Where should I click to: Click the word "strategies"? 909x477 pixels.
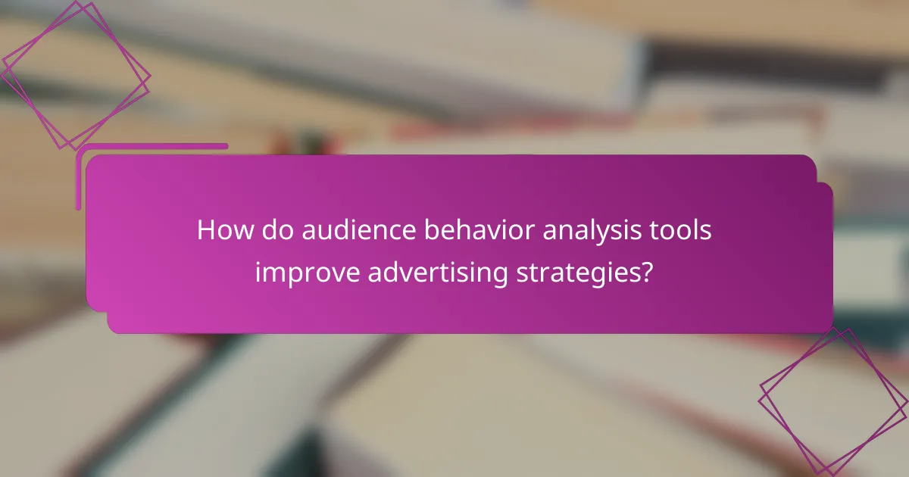point(579,273)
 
